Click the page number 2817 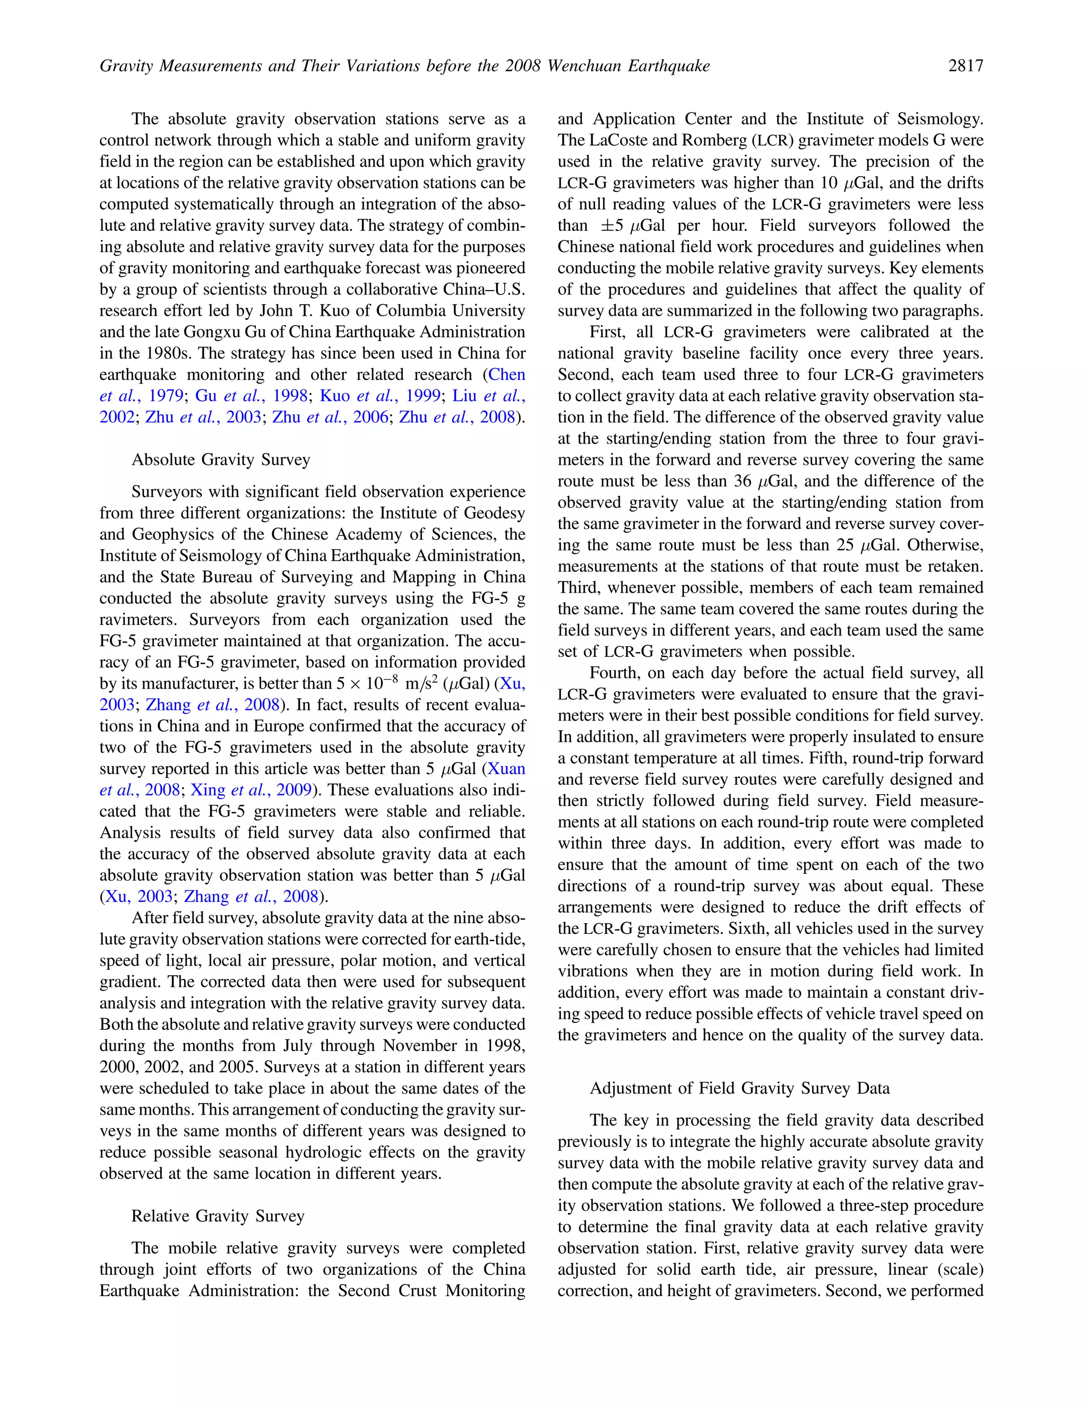(965, 66)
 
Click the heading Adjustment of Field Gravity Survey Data (739, 1088)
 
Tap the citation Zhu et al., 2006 (330, 417)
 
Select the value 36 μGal (763, 481)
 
